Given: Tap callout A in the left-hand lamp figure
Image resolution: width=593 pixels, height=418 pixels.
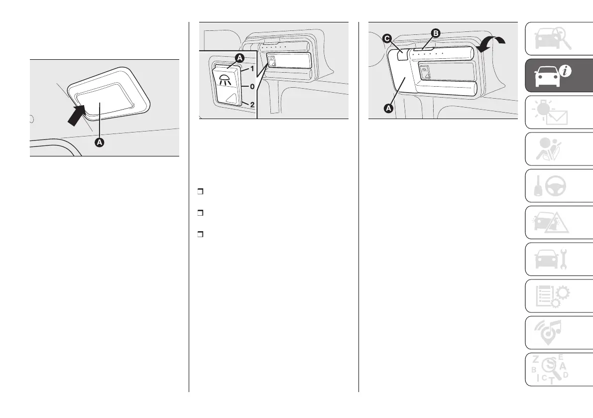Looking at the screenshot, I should coord(100,142).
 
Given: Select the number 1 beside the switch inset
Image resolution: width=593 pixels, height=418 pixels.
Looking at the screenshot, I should coord(252,68).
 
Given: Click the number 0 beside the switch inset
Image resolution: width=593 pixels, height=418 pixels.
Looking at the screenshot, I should coord(252,86).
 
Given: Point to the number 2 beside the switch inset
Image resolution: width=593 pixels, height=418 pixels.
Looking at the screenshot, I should coord(252,105).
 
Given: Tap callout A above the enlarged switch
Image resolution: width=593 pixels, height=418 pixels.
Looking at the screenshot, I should coord(239,58).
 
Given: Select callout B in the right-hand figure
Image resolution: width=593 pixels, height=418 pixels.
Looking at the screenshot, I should coord(436,33).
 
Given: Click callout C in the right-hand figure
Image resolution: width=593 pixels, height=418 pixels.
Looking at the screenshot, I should coord(386,38).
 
